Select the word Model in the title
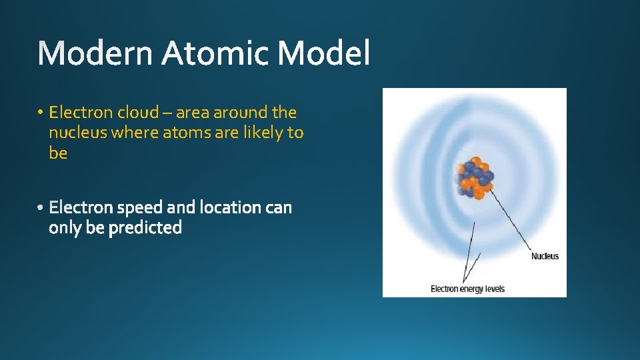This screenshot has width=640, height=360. click(323, 53)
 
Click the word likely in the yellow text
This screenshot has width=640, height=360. click(261, 133)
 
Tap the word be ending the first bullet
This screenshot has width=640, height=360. click(58, 153)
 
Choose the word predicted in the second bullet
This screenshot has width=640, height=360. click(145, 229)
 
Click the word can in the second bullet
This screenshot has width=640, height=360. click(279, 208)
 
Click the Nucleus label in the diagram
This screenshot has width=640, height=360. click(545, 257)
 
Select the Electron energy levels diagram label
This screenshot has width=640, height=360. click(467, 289)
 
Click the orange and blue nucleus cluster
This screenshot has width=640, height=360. click(474, 177)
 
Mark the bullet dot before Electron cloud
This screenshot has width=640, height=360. click(41, 112)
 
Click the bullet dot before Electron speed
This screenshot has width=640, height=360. click(41, 208)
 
